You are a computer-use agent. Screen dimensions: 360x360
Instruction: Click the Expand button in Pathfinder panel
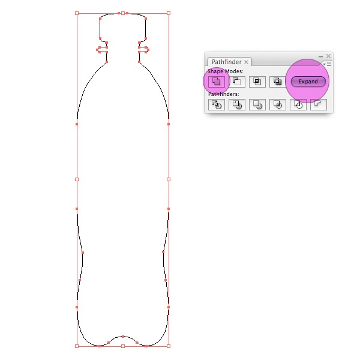tap(308, 82)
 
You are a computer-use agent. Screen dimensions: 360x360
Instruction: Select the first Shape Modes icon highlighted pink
tap(216, 82)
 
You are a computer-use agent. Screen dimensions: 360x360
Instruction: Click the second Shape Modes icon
tap(237, 82)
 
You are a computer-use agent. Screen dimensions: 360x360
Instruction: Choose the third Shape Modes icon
tap(257, 82)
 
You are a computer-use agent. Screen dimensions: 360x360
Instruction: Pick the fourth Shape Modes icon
tap(278, 82)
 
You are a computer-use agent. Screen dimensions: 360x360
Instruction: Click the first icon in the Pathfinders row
tap(216, 104)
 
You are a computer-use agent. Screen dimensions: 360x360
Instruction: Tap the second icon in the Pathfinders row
tap(237, 104)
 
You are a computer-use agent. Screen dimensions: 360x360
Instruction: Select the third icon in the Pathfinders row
tap(257, 104)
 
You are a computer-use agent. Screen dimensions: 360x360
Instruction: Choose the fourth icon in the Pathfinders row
tap(278, 104)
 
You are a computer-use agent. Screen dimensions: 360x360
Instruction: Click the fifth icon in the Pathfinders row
tap(298, 104)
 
